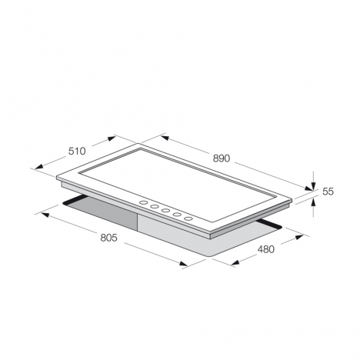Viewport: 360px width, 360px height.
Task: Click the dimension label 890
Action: click(222, 159)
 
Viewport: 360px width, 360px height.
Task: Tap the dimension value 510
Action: click(76, 151)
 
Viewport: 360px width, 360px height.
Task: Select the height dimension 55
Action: click(328, 193)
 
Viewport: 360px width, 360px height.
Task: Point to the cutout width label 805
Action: click(108, 238)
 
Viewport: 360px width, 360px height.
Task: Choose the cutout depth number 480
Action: click(266, 249)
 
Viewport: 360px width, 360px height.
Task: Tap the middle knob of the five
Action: click(166, 211)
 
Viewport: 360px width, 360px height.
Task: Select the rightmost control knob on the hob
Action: click(189, 218)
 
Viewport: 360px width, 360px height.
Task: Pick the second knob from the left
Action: click(155, 207)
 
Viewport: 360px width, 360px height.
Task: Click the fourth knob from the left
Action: click(178, 215)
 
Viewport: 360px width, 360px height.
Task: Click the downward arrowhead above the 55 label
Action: click(313, 186)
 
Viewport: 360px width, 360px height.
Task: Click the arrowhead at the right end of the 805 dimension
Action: click(185, 265)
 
